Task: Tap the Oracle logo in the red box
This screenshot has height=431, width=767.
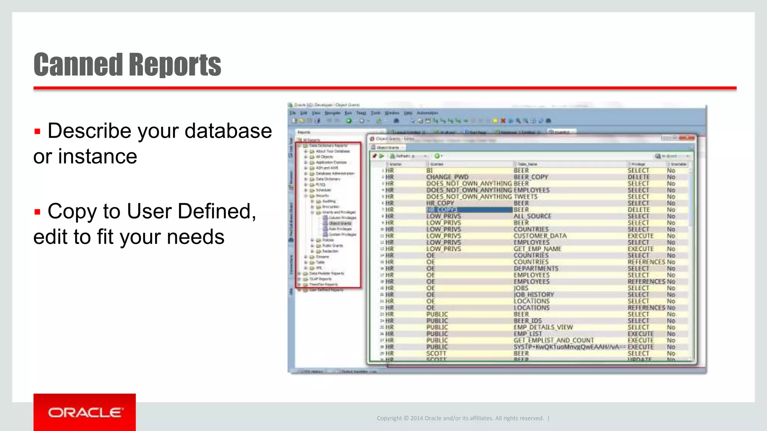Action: coord(85,412)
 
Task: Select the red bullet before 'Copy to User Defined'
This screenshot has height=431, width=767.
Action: coord(37,212)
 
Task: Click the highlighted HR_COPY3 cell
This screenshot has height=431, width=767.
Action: coord(442,210)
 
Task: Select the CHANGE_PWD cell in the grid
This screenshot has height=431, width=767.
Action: coord(447,177)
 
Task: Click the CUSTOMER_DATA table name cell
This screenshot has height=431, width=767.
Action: coord(540,236)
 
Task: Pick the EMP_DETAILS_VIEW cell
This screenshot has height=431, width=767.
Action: coord(543,327)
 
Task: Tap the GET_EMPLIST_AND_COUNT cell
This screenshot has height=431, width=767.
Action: coord(553,340)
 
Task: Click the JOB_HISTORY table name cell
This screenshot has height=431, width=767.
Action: coord(533,295)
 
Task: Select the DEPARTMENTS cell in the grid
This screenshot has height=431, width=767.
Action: coord(536,269)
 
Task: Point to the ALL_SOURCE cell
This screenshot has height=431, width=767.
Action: coord(532,216)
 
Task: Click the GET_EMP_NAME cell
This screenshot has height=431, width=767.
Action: coord(537,249)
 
